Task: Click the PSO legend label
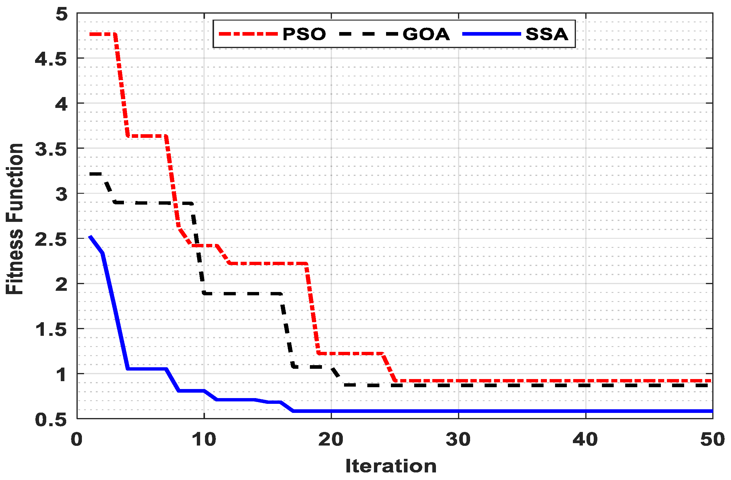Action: (x=304, y=34)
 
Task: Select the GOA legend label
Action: (x=426, y=34)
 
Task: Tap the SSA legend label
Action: (x=547, y=34)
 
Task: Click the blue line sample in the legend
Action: (x=492, y=34)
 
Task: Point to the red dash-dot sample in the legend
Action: (x=248, y=34)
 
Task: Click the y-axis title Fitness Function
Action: (x=15, y=219)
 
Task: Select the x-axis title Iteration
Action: (x=391, y=466)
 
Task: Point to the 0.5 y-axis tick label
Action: (x=51, y=420)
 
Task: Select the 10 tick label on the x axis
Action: (x=204, y=439)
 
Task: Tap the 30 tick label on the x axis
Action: (x=458, y=439)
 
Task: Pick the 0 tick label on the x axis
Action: (x=76, y=439)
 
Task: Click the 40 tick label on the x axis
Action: (x=585, y=439)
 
